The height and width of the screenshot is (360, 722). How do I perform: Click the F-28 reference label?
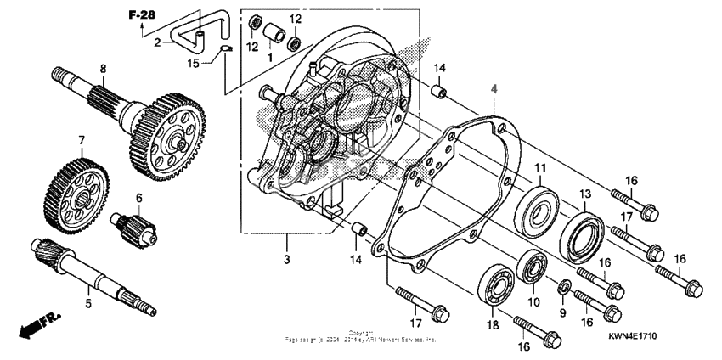pyautogui.click(x=142, y=15)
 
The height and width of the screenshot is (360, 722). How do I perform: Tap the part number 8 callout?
pyautogui.click(x=103, y=69)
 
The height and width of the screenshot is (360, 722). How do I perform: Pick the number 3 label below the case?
pyautogui.click(x=286, y=257)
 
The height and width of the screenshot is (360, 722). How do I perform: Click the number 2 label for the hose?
pyautogui.click(x=157, y=42)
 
